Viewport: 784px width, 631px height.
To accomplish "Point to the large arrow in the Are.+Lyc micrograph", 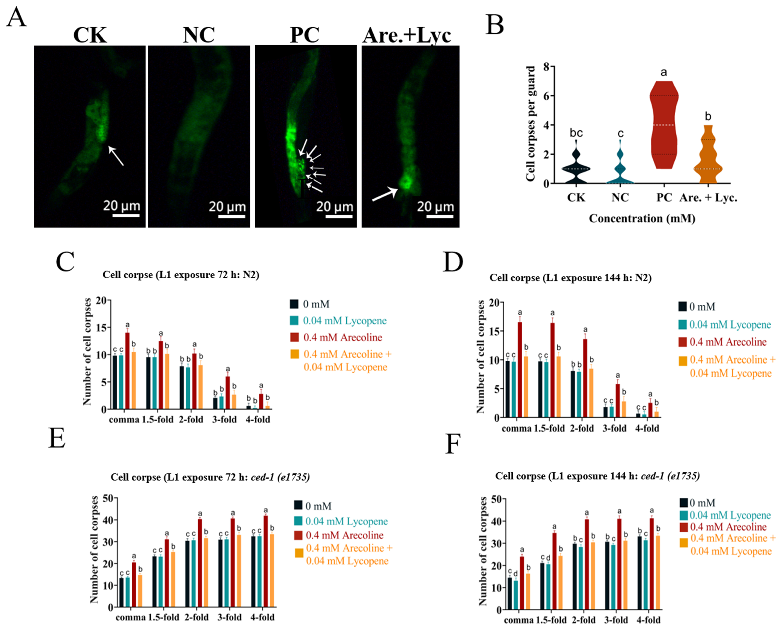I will pyautogui.click(x=385, y=195).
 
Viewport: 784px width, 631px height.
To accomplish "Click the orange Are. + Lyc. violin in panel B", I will pyautogui.click(x=708, y=157).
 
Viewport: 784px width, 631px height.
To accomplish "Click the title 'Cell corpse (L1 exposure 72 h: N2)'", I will pyautogui.click(x=181, y=275).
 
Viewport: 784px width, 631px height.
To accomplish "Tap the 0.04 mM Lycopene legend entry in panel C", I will pyautogui.click(x=344, y=321).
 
